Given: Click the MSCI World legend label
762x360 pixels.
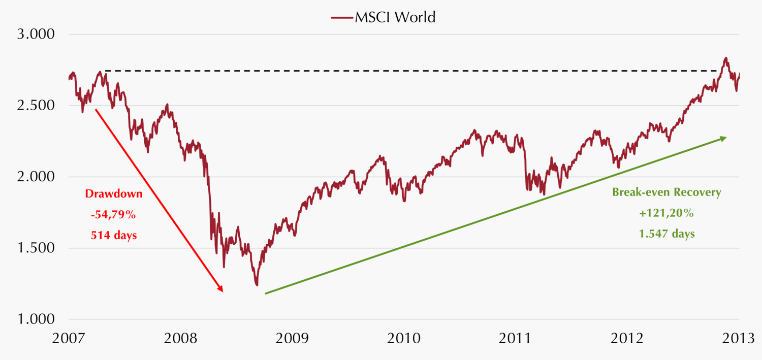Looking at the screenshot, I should (x=395, y=17).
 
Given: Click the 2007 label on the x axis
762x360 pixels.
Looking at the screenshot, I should (x=69, y=338).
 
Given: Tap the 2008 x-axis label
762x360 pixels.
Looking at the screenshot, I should (x=180, y=338).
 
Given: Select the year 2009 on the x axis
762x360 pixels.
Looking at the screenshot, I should (x=292, y=338).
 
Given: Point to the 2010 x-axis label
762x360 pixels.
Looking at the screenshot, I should (x=403, y=338).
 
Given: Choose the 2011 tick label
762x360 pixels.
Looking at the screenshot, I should (x=515, y=338).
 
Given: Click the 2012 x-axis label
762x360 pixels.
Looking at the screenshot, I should (x=626, y=338).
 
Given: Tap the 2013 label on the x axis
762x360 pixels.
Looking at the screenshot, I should (x=738, y=338).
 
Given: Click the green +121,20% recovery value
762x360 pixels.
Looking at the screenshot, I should (x=666, y=214).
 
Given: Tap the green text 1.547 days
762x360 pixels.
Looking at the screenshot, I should (x=666, y=235).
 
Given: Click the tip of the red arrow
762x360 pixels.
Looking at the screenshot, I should (x=222, y=291).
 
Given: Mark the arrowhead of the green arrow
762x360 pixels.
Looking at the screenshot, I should (x=725, y=138).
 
